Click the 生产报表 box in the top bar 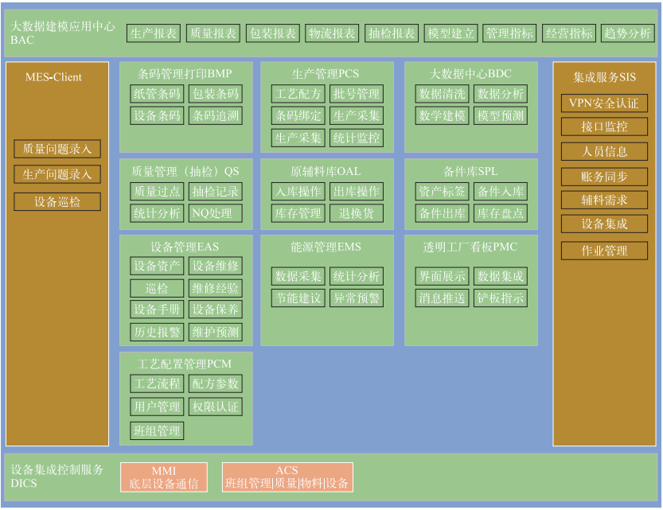(x=154, y=33)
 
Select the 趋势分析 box (x=627, y=33)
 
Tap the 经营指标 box (x=568, y=33)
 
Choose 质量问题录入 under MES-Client (x=57, y=149)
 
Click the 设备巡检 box (x=57, y=202)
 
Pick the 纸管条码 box (x=157, y=94)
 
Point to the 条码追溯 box (x=216, y=116)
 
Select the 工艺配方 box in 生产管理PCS (x=298, y=94)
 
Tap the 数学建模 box (x=442, y=116)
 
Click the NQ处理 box (x=216, y=213)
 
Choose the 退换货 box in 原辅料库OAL (x=357, y=213)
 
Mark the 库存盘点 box (x=500, y=213)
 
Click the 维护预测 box (x=216, y=332)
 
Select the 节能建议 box (x=298, y=298)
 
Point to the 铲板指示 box (x=500, y=298)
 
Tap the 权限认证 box (x=216, y=407)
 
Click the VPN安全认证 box (x=604, y=103)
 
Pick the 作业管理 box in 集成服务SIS (x=604, y=251)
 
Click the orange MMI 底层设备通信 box (x=164, y=477)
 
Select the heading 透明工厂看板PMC (x=470, y=247)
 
